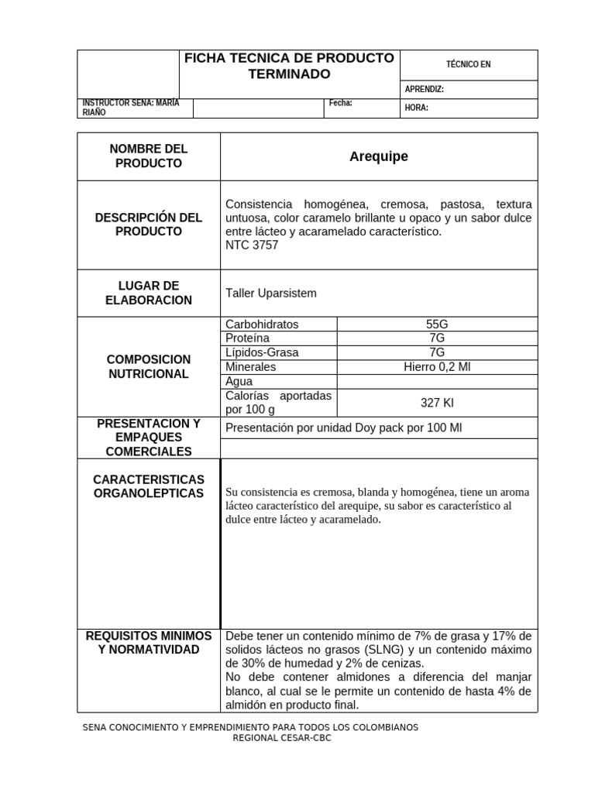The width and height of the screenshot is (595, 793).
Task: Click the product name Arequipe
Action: pos(378,157)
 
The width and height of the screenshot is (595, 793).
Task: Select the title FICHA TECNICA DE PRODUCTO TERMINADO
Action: pos(289,66)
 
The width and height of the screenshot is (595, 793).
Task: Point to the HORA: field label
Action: pos(416,108)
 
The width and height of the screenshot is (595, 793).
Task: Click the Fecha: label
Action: pos(340,103)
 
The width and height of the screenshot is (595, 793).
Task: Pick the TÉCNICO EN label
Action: pos(469,65)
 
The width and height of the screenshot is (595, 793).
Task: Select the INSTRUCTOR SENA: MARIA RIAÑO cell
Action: pos(129,108)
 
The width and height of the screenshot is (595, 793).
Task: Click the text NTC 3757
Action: pos(251,245)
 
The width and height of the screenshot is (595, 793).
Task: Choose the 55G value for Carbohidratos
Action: pos(437,324)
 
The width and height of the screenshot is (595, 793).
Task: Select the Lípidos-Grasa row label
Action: pos(261,353)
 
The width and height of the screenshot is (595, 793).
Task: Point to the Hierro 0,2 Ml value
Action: pos(437,367)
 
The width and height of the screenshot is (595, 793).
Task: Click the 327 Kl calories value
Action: pos(437,403)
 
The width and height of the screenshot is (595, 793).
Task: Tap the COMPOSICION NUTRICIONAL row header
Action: pos(148,367)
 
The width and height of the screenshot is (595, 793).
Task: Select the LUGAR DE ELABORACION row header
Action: pos(148,294)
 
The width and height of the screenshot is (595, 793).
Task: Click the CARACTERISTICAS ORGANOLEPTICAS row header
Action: pos(148,486)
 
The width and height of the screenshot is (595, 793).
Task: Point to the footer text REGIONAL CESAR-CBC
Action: pos(282,738)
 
